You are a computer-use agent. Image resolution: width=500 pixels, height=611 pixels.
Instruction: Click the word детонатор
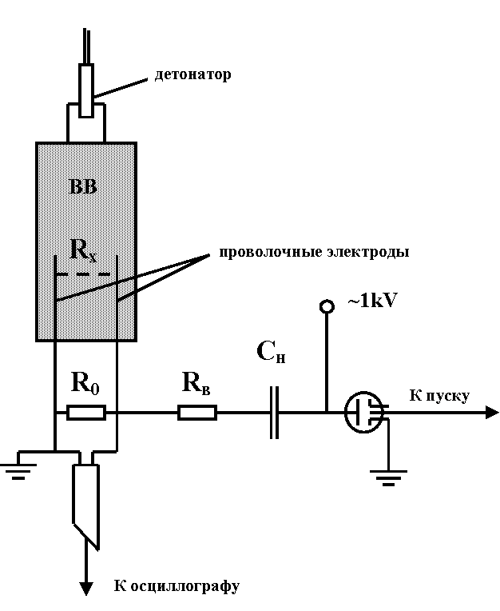coord(192,75)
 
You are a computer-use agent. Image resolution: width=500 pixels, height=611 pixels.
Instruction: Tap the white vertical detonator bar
coord(86,91)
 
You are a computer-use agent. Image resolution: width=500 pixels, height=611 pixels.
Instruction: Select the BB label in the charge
coord(84,187)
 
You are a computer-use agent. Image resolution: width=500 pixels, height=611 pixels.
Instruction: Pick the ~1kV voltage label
coord(372,302)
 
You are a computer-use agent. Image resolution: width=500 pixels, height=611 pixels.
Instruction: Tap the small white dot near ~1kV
coord(327,306)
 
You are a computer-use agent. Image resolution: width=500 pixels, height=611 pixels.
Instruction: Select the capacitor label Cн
coord(271,350)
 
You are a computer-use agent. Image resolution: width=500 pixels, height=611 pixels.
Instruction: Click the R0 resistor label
coord(85,381)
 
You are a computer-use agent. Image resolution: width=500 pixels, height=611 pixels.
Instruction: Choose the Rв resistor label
coord(196,381)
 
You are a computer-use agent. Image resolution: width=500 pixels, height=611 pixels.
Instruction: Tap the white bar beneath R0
coord(86,413)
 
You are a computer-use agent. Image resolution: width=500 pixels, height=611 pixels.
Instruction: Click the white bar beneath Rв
coord(197,413)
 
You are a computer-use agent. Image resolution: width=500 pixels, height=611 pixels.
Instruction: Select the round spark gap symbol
coord(364,412)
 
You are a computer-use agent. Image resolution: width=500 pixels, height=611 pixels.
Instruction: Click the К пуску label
coord(440,395)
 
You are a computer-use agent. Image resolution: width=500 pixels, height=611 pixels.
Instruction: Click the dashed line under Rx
coord(83,274)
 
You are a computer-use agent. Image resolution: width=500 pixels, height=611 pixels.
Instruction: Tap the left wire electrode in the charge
coord(54,296)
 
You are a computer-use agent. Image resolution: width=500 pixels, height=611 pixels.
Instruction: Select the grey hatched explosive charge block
coord(86,216)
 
